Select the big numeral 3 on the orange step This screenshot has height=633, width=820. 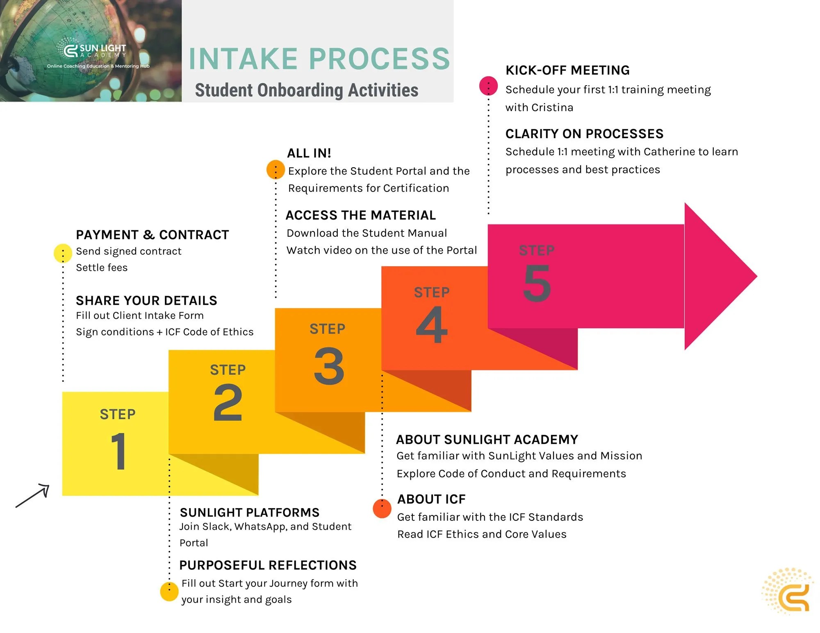coord(329,366)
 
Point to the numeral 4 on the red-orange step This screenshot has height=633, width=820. coord(432,324)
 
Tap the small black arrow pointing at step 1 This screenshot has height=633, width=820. coord(33,496)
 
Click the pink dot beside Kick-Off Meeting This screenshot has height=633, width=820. coord(488,86)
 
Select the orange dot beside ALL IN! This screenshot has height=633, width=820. coord(276,170)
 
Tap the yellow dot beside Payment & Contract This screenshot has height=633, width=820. coord(63,253)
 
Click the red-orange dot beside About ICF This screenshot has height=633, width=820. coord(382,508)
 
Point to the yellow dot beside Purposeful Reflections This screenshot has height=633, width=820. coord(169,592)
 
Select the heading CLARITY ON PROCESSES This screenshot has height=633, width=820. coord(584,134)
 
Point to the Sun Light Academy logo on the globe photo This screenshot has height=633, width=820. coord(95,51)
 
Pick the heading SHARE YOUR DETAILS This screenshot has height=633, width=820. coord(146,301)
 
